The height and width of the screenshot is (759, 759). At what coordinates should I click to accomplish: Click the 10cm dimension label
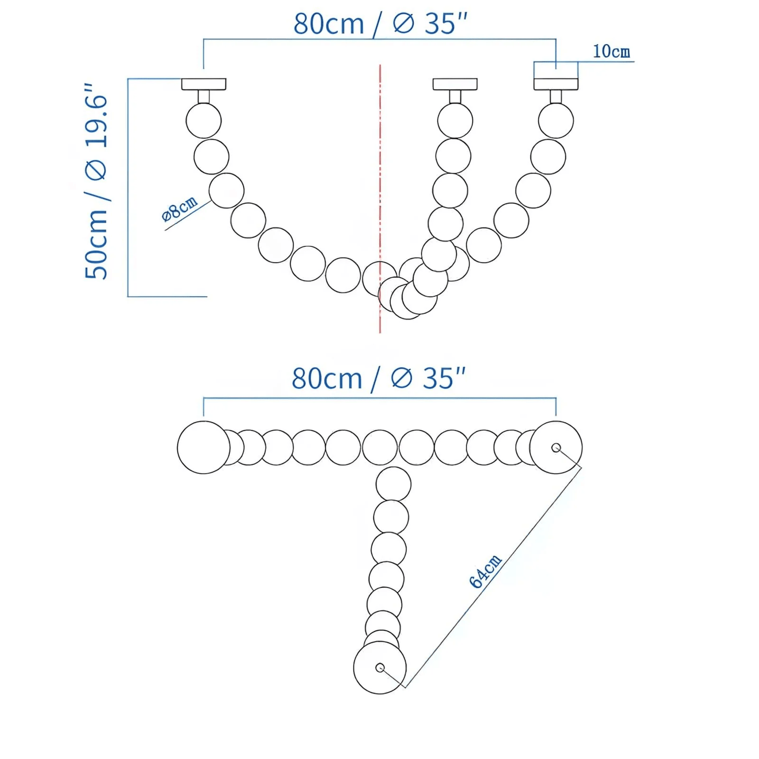611,51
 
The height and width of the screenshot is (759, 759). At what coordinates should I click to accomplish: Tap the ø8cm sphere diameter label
180,209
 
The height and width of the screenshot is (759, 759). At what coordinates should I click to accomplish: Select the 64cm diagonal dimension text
485,571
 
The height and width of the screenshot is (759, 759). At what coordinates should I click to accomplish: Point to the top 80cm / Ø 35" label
380,24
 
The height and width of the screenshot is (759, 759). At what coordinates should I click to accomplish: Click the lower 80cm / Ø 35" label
379,378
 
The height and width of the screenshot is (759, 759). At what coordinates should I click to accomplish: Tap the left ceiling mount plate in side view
204,84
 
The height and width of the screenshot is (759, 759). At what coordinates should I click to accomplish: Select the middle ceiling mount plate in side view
455,84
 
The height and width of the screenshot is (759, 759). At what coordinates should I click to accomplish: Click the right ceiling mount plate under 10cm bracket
556,84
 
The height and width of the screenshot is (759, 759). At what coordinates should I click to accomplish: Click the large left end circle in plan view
203,448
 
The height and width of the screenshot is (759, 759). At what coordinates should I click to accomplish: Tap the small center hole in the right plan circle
556,448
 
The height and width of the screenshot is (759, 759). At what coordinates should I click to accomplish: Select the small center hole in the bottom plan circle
380,668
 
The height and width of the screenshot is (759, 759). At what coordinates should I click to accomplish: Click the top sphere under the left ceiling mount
204,121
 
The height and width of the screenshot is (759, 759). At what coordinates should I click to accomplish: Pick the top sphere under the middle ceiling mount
455,121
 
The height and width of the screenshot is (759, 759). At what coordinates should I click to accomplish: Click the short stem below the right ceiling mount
556,97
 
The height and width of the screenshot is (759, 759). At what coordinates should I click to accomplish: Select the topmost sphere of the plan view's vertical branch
393,484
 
